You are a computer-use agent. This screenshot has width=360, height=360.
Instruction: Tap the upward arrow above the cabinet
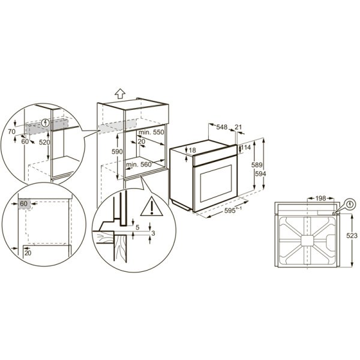(x=119, y=93)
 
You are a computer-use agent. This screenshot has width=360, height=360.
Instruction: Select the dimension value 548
(x=222, y=128)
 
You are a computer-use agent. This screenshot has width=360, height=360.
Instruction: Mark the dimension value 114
(x=247, y=148)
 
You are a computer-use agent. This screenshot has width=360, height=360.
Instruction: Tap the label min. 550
(x=151, y=131)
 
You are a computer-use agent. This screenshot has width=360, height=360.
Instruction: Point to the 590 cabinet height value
(x=118, y=152)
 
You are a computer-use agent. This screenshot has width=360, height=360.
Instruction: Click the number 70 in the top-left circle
(x=12, y=130)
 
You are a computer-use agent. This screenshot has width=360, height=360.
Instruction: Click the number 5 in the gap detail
(x=137, y=227)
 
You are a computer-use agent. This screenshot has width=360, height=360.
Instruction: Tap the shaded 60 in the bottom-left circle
(x=24, y=205)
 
